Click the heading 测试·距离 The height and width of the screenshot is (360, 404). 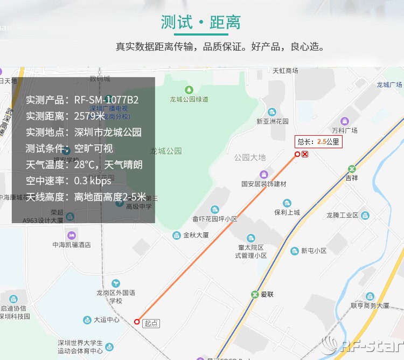point(201,23)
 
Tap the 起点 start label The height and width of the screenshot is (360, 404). point(151,323)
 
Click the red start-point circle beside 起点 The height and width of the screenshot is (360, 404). point(137,322)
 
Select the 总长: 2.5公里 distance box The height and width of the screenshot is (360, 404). point(318,142)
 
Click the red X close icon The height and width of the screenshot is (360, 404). point(305,155)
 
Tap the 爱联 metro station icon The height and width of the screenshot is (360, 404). point(255,295)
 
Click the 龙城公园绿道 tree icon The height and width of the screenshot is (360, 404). point(189,89)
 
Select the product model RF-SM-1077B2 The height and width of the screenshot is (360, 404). point(107,100)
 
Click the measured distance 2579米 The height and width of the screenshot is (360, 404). point(89,116)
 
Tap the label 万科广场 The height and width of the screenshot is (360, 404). point(345,130)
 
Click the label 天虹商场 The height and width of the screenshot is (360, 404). point(285,71)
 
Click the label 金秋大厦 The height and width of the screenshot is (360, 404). point(196,236)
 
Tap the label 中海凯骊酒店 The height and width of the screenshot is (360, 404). point(71,245)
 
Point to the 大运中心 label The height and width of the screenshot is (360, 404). point(107,320)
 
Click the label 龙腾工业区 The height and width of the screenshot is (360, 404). point(342,215)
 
